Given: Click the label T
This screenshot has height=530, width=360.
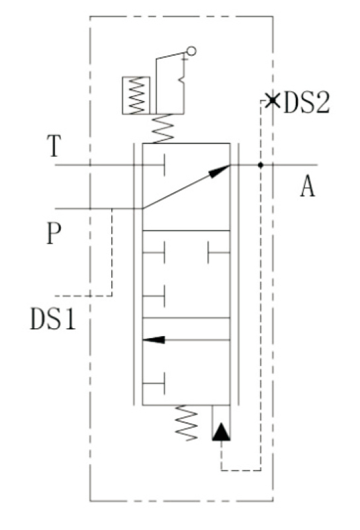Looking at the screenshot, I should (56, 147).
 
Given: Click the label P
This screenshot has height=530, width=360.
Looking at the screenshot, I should (55, 234).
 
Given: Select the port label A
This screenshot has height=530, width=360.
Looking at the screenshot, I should (306, 188).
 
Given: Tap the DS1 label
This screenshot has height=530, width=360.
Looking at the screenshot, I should (54, 320).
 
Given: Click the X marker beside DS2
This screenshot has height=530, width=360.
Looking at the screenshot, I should (271, 101).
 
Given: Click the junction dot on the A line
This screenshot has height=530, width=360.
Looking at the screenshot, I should (261, 165).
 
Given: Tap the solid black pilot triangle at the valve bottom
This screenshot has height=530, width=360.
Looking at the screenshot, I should (221, 433).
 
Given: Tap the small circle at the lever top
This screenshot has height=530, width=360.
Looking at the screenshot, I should (191, 50).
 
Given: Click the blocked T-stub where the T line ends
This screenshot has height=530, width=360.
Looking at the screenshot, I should (163, 165).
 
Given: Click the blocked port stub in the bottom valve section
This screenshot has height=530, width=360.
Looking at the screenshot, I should (163, 382).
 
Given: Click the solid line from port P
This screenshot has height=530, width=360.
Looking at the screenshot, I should (99, 208).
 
